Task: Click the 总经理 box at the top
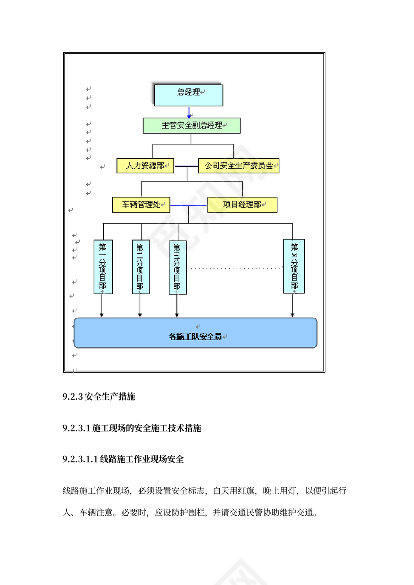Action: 188,95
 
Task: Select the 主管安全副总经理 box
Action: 192,126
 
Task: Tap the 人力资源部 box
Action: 145,166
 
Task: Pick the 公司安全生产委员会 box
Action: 238,166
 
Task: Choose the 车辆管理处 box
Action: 141,205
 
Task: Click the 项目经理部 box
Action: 242,205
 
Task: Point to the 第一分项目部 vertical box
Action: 103,267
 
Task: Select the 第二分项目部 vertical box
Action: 140,267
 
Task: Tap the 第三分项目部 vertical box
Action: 177,267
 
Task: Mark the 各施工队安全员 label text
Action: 195,337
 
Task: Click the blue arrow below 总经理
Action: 189,113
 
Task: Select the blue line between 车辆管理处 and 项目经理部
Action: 189,205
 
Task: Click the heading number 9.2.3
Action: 73,397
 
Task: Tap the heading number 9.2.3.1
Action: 76,428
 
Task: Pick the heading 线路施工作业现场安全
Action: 142,459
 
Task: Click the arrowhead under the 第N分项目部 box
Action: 293,314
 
